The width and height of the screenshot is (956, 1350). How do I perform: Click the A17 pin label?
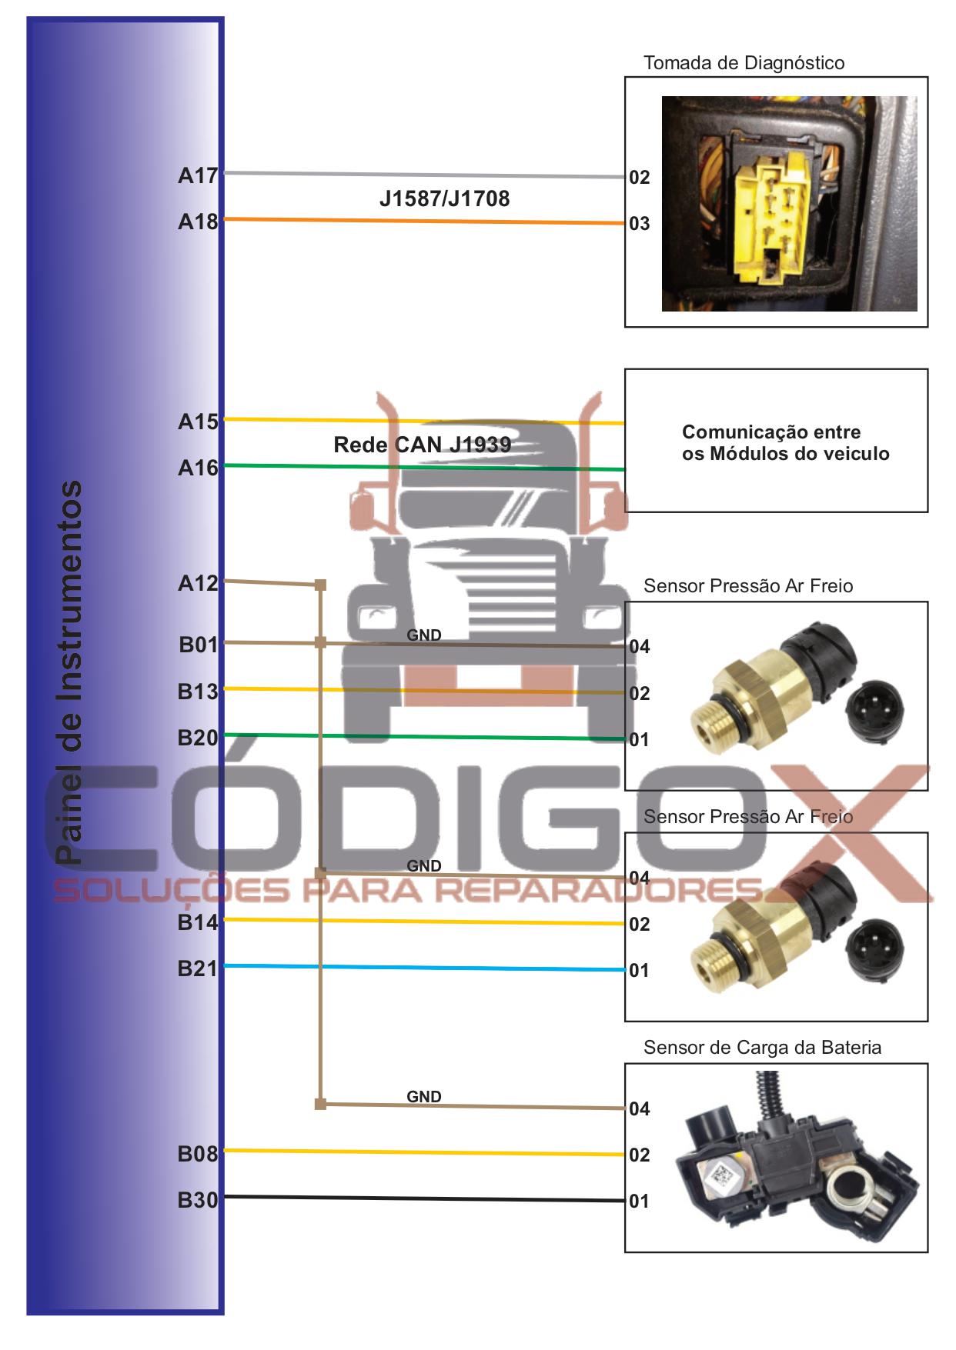198,175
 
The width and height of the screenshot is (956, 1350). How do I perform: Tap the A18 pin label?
198,222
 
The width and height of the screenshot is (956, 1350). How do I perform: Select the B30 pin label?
198,1200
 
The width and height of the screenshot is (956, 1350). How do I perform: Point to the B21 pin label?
198,968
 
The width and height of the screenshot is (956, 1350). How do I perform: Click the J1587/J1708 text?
444,199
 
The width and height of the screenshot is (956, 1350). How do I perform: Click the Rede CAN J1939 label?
422,445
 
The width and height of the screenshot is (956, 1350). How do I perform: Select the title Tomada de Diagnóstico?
744,63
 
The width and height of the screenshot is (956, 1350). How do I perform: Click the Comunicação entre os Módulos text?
785,442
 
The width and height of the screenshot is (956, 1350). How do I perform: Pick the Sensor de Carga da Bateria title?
762,1047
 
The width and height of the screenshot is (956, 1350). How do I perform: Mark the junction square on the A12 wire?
321,585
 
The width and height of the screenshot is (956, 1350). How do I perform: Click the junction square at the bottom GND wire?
321,1105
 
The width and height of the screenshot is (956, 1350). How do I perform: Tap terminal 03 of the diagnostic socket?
640,224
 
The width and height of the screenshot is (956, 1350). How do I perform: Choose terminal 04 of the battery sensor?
640,1109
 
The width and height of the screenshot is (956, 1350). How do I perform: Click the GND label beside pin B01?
424,635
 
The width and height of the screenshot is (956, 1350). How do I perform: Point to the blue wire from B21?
424,968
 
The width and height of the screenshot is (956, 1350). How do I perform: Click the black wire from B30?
424,1198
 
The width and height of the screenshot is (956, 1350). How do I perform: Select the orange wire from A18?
424,222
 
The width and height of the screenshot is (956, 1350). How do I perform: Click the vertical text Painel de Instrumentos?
69,672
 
